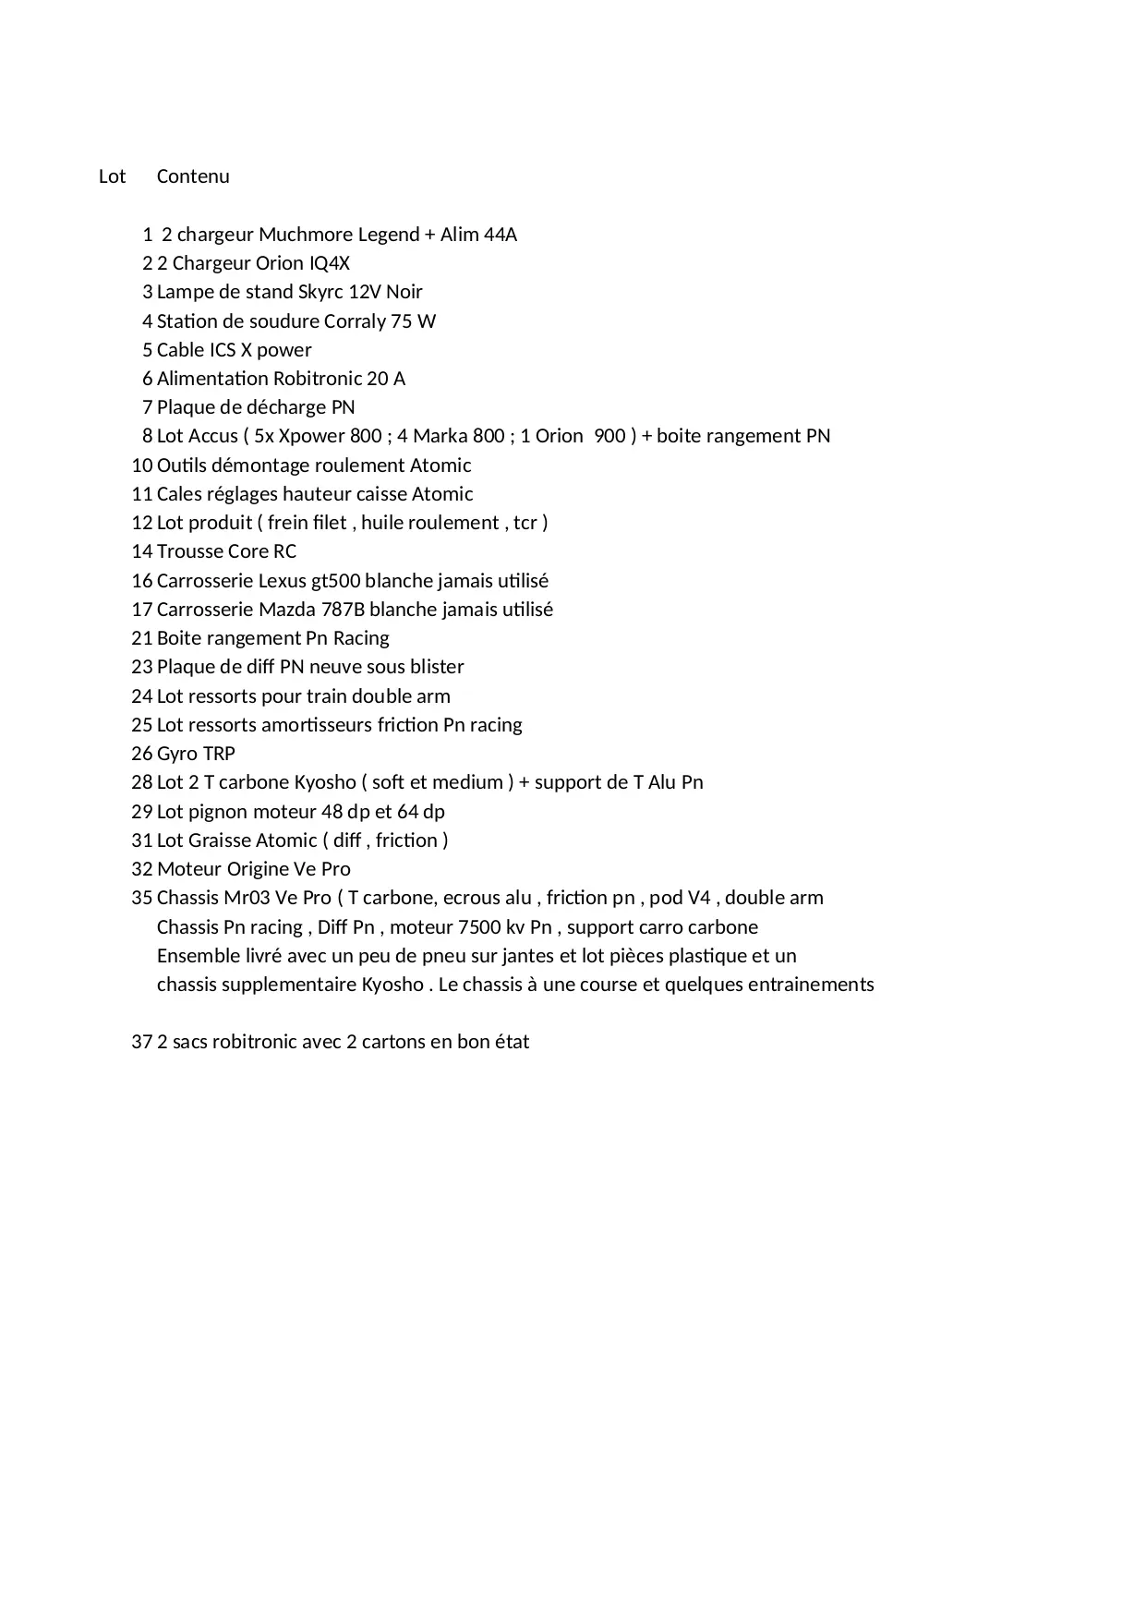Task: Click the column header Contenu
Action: point(193,176)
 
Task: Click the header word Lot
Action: point(112,176)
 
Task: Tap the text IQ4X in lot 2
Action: point(330,263)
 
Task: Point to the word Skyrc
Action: point(320,293)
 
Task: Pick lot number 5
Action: point(147,350)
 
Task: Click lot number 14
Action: point(141,551)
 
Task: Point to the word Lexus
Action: point(283,581)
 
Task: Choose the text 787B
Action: point(343,610)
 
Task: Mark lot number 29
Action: point(141,812)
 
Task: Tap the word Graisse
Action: point(220,840)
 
